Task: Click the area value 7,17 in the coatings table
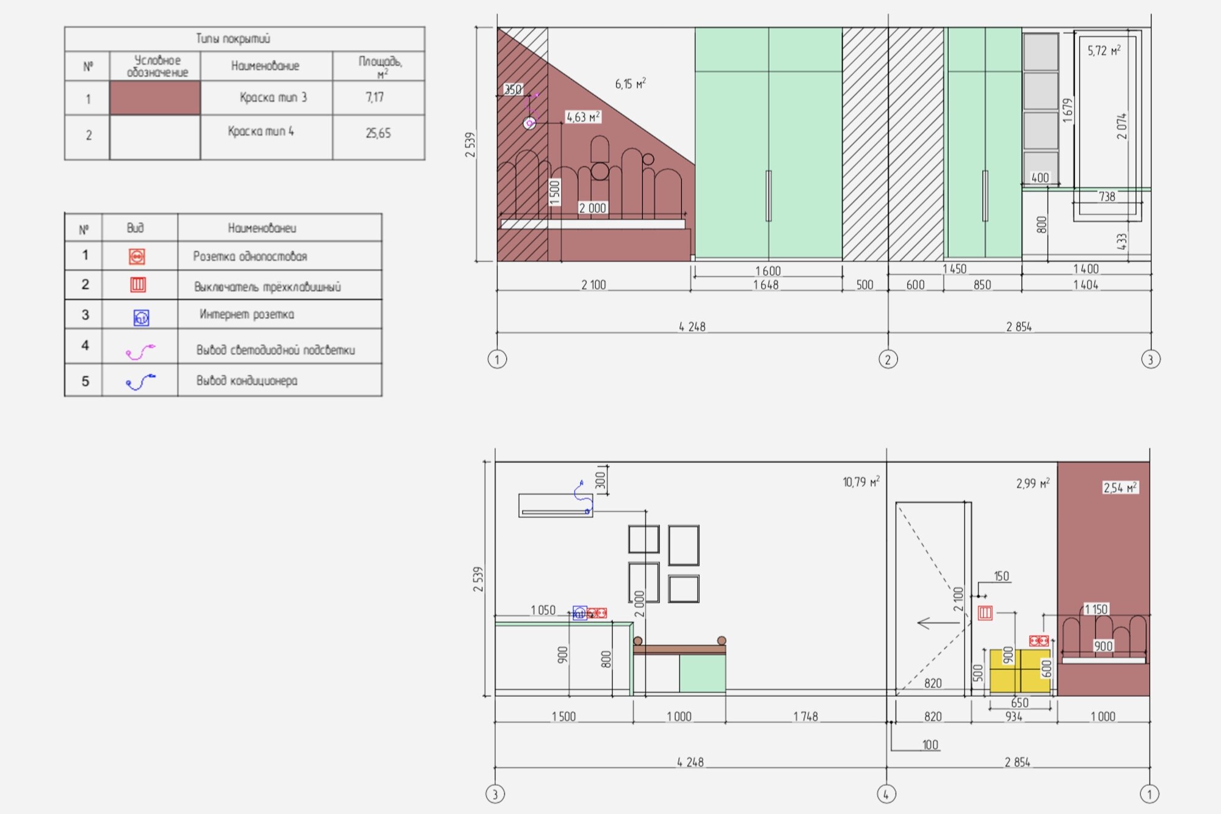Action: pyautogui.click(x=375, y=97)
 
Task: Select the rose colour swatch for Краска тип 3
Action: pyautogui.click(x=155, y=98)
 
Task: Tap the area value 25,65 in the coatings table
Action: pyautogui.click(x=378, y=133)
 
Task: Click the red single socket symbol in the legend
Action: pyautogui.click(x=137, y=256)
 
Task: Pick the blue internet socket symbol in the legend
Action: pyautogui.click(x=141, y=318)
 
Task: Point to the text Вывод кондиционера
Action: pyautogui.click(x=247, y=380)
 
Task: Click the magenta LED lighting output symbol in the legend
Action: pyautogui.click(x=140, y=351)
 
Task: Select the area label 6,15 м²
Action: pyautogui.click(x=630, y=84)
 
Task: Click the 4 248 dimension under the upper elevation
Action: pyautogui.click(x=692, y=327)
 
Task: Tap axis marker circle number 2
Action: pyautogui.click(x=888, y=359)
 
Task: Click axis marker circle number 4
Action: pyautogui.click(x=886, y=794)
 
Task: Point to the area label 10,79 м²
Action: pyautogui.click(x=861, y=482)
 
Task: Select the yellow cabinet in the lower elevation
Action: pyautogui.click(x=1019, y=670)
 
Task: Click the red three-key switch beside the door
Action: pyautogui.click(x=985, y=612)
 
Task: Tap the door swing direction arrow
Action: pyautogui.click(x=937, y=623)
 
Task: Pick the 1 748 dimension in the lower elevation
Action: pyautogui.click(x=805, y=716)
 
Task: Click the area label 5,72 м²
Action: pyautogui.click(x=1104, y=51)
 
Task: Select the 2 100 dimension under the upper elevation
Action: pyautogui.click(x=593, y=285)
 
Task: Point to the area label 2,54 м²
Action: pyautogui.click(x=1120, y=487)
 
